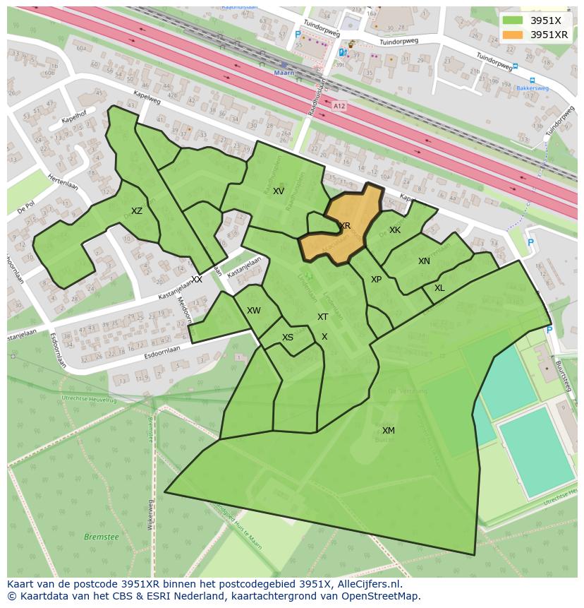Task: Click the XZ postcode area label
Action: [x=137, y=211]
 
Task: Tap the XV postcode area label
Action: [x=279, y=191]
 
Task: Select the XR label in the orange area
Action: [x=345, y=226]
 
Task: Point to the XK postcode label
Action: [x=395, y=230]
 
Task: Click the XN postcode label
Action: [x=424, y=261]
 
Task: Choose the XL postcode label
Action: [x=439, y=288]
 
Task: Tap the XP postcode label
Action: [x=376, y=280]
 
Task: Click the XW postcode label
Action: [x=254, y=311]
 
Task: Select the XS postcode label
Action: [x=288, y=338]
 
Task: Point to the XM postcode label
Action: [x=389, y=431]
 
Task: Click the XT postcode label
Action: [x=322, y=317]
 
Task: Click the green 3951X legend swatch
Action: [x=513, y=20]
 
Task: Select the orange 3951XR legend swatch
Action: [x=513, y=35]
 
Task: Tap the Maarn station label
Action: [x=284, y=73]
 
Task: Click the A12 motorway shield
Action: [x=339, y=106]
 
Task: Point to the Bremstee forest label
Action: [x=102, y=537]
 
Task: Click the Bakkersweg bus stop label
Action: [x=532, y=89]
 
